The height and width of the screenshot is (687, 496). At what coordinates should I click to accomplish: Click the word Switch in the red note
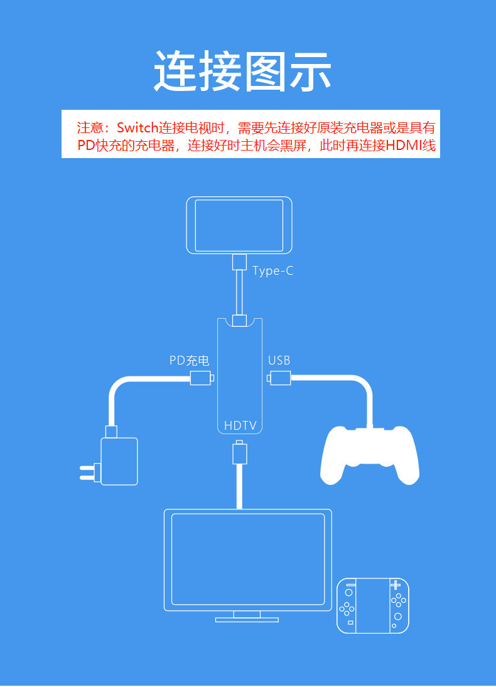click(137, 128)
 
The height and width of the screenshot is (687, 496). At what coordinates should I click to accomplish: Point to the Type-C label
click(272, 271)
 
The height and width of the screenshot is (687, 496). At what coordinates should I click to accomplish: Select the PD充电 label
click(189, 361)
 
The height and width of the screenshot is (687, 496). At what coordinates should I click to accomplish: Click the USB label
click(279, 361)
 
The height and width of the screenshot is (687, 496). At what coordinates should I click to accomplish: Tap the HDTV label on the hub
click(240, 425)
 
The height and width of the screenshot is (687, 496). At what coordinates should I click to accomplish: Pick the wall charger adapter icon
click(119, 461)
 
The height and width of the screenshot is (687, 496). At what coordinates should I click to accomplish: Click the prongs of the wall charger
click(90, 471)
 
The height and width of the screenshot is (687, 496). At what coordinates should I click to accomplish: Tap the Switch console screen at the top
click(239, 225)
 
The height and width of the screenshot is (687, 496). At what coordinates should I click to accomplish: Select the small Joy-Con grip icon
click(373, 605)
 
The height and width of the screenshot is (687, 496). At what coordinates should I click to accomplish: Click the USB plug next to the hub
click(280, 378)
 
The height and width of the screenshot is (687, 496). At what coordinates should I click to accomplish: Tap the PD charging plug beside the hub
click(201, 378)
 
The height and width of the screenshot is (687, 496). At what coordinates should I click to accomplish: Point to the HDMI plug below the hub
click(239, 453)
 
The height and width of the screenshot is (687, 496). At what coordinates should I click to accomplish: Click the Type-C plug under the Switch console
click(239, 262)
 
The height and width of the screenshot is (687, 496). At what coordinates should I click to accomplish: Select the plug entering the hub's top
click(239, 321)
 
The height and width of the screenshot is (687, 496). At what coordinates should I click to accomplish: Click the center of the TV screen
click(248, 559)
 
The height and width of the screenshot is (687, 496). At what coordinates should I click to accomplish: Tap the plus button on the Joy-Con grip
click(396, 586)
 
